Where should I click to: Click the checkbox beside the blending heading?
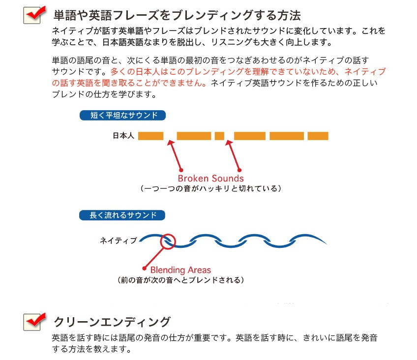tap(32, 15)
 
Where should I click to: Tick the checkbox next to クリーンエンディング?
tap(32, 322)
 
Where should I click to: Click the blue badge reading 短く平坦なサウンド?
tap(122, 116)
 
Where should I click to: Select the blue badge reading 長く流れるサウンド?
tap(122, 215)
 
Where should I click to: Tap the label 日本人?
tap(123, 136)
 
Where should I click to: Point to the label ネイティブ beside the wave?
tap(118, 240)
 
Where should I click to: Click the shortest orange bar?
tap(219, 136)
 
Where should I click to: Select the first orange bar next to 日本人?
tap(150, 136)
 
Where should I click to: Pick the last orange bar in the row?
tap(318, 136)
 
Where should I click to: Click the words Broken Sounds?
tap(210, 178)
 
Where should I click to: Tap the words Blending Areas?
tap(180, 270)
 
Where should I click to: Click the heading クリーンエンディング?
tap(112, 322)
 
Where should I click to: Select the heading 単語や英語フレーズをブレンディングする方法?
tap(177, 15)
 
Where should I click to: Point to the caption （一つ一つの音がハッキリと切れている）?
tap(210, 188)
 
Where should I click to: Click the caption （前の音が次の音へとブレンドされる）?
tap(180, 280)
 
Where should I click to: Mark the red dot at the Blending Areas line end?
tap(145, 268)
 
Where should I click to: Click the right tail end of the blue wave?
tap(327, 243)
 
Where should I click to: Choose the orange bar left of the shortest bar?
tap(194, 136)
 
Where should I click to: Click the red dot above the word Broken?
tap(181, 170)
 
